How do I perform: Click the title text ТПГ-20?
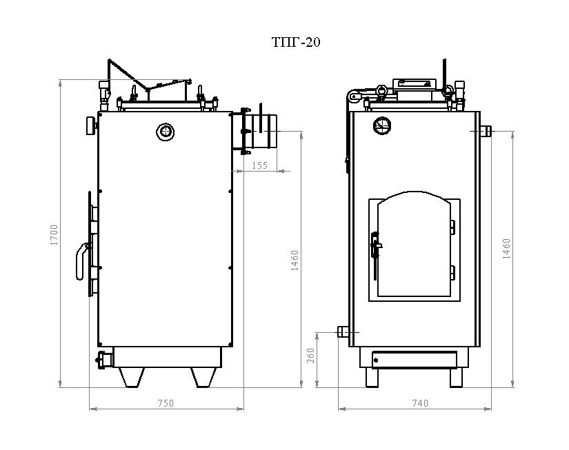pyautogui.click(x=296, y=43)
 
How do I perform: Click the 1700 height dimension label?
pyautogui.click(x=54, y=235)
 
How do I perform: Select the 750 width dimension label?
pyautogui.click(x=166, y=403)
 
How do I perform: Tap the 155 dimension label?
pyautogui.click(x=260, y=165)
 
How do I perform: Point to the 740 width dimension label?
pyautogui.click(x=420, y=403)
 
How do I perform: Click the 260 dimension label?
pyautogui.click(x=310, y=356)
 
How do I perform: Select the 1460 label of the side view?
pyautogui.click(x=295, y=260)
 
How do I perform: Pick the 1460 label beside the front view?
pyautogui.click(x=506, y=249)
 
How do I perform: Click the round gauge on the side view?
pyautogui.click(x=165, y=132)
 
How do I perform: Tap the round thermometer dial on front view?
pyautogui.click(x=382, y=125)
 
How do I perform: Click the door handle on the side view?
pyautogui.click(x=83, y=261)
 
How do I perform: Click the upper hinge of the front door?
pyautogui.click(x=452, y=227)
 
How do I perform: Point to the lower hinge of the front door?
pyautogui.click(x=452, y=273)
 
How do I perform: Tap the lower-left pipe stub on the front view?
pyautogui.click(x=343, y=331)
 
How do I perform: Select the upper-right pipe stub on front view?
pyautogui.click(x=486, y=130)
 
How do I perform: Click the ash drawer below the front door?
pyautogui.click(x=415, y=360)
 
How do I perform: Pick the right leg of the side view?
pyautogui.click(x=204, y=378)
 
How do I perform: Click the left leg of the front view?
pyautogui.click(x=372, y=378)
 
